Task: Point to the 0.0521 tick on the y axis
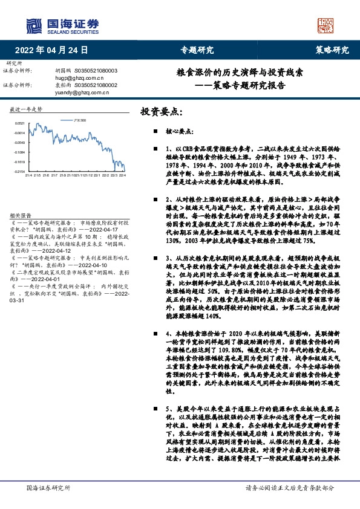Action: (x=19, y=122)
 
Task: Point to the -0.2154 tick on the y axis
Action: (x=19, y=172)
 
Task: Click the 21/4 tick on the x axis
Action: (x=28, y=176)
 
